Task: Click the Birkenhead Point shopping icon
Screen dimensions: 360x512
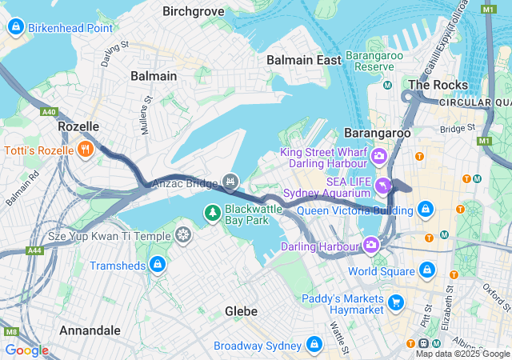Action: pyautogui.click(x=15, y=28)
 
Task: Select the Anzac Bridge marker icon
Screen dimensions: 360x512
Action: pyautogui.click(x=230, y=183)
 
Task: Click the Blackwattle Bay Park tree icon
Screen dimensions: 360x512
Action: pyautogui.click(x=213, y=212)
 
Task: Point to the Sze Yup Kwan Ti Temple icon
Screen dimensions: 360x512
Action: pyautogui.click(x=183, y=235)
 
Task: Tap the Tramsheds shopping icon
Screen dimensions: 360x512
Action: pyautogui.click(x=158, y=265)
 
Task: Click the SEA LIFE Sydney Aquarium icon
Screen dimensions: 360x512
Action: pyautogui.click(x=385, y=186)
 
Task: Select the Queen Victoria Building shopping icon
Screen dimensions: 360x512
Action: pyautogui.click(x=426, y=210)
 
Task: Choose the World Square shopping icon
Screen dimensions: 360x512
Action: pyautogui.click(x=426, y=270)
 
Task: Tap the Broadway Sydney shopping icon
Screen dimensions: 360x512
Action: pyautogui.click(x=314, y=345)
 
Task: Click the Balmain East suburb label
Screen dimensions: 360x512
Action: pyautogui.click(x=303, y=60)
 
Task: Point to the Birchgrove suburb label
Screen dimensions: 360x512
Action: pyautogui.click(x=193, y=11)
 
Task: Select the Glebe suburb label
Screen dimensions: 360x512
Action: pyautogui.click(x=241, y=310)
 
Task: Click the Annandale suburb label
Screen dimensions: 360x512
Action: pyautogui.click(x=90, y=330)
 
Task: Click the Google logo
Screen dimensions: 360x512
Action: pyautogui.click(x=26, y=350)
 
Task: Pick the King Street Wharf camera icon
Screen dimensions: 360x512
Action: pyautogui.click(x=379, y=154)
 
